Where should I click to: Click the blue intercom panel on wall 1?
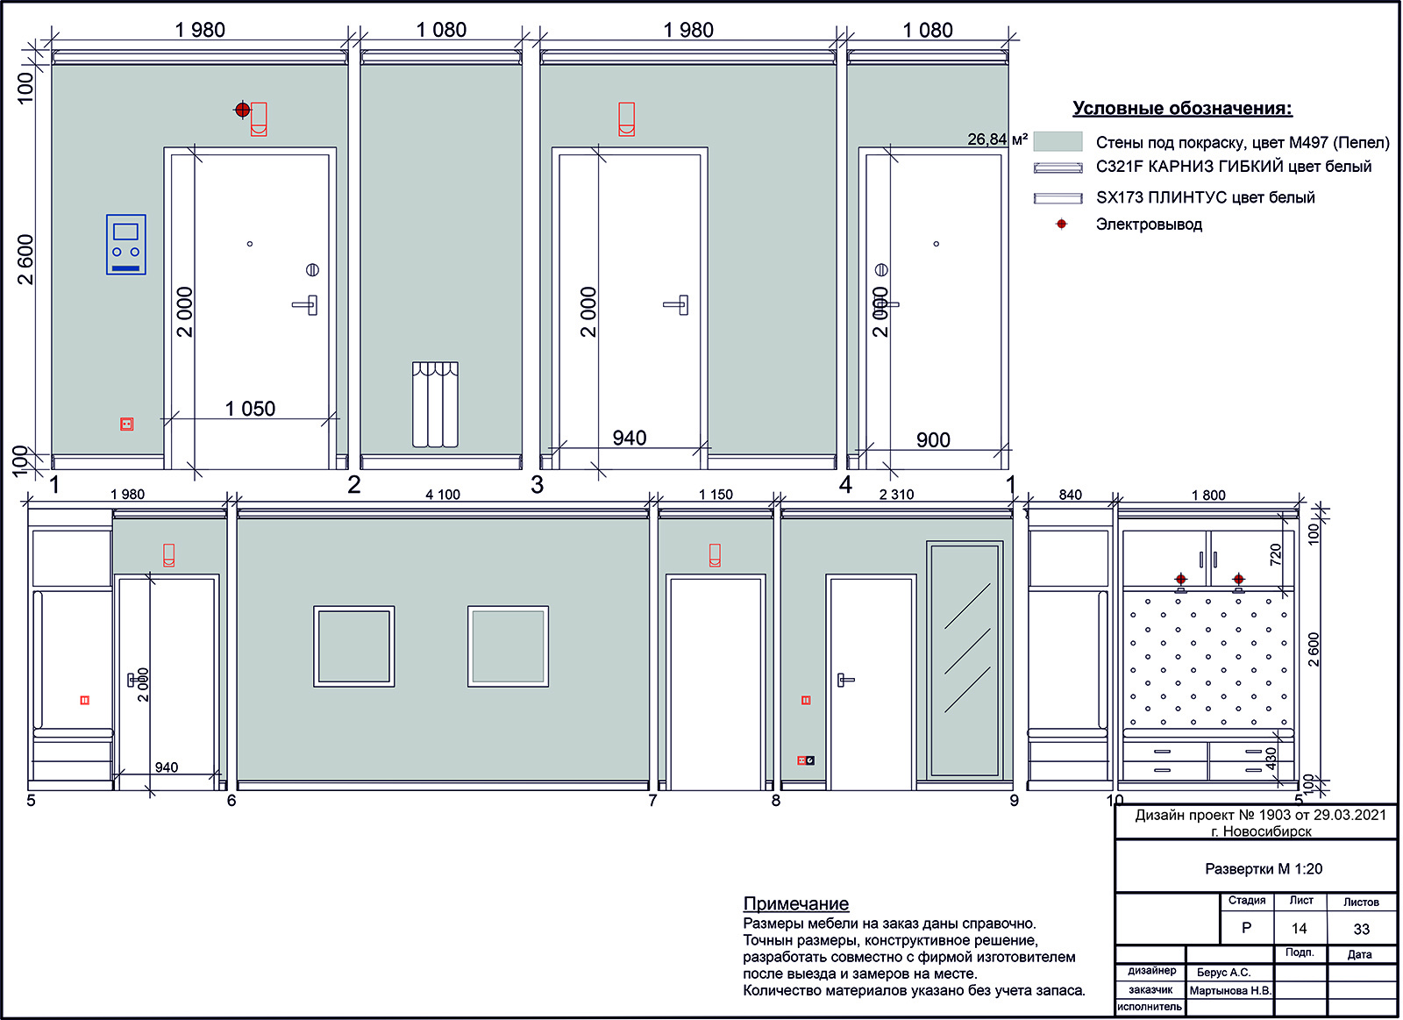click(x=126, y=245)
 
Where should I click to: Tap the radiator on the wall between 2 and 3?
click(x=435, y=404)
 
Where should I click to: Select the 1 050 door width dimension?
click(x=250, y=409)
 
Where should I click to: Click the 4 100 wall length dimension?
click(x=443, y=495)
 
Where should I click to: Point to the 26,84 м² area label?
click(x=997, y=139)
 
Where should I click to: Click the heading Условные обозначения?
click(x=1182, y=109)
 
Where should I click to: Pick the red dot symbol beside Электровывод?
click(x=1061, y=224)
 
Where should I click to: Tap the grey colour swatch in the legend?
click(x=1058, y=141)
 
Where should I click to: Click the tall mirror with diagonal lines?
click(x=965, y=660)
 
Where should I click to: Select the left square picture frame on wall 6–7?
click(x=354, y=646)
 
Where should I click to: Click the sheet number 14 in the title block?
click(x=1299, y=928)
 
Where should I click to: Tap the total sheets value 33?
click(x=1362, y=929)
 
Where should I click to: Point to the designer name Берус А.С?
click(x=1223, y=972)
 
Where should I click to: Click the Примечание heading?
click(x=795, y=903)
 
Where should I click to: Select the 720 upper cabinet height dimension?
click(x=1275, y=554)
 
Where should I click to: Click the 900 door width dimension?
click(x=933, y=439)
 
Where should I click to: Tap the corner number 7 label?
click(x=652, y=800)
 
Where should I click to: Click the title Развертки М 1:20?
click(x=1264, y=869)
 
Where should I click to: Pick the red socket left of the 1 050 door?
click(x=126, y=424)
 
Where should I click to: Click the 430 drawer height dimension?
click(x=1271, y=759)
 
